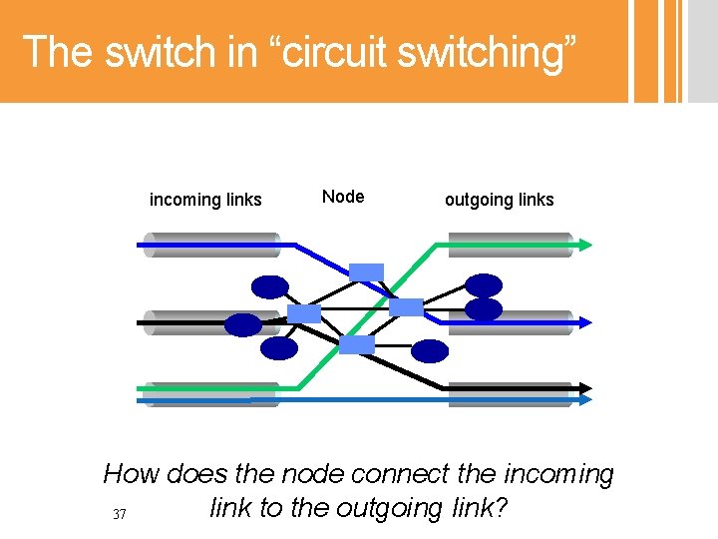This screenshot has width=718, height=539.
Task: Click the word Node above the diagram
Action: point(343,197)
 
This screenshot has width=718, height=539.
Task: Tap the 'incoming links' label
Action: point(205,200)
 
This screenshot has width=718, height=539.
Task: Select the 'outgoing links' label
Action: point(499,200)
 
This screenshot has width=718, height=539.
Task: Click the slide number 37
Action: point(120,514)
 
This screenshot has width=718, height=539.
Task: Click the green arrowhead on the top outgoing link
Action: point(584,243)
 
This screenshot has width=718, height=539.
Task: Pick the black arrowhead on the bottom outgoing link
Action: point(585,388)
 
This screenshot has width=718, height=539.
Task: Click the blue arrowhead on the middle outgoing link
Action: point(585,322)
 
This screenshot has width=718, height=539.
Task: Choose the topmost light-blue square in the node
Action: point(366,271)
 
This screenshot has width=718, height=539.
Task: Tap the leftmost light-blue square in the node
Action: point(304,313)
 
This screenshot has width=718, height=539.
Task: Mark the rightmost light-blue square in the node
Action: point(406,306)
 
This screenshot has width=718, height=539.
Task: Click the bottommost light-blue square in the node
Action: point(357,344)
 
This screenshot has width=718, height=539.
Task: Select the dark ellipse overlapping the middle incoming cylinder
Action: point(242,324)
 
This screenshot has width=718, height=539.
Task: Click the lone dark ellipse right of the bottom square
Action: point(431,350)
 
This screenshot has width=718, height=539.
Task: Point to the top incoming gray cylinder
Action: point(210,245)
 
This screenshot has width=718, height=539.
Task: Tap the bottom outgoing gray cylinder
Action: point(509,394)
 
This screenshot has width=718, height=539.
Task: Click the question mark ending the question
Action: point(502,508)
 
